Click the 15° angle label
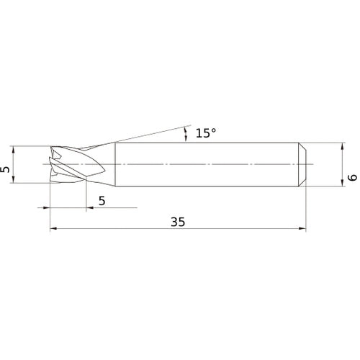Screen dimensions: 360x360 [205, 133]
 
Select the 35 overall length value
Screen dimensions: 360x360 [178, 222]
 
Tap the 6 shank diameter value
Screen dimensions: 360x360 [351, 176]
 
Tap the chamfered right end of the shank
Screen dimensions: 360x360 [302, 165]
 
